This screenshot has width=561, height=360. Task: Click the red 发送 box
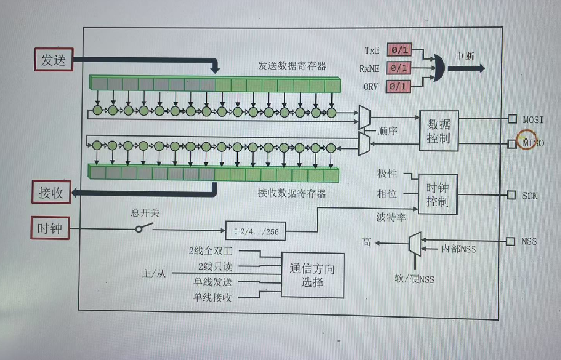(53, 60)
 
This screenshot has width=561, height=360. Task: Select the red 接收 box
(51, 193)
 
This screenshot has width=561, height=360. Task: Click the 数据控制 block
(438, 130)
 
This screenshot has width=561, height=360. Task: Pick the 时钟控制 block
(438, 194)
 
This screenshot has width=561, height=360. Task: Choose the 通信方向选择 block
(312, 276)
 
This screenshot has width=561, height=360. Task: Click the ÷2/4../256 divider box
(256, 231)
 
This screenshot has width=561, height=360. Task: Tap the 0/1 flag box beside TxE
(398, 50)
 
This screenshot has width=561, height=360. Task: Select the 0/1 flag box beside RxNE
(398, 68)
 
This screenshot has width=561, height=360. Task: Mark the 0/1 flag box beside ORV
(398, 86)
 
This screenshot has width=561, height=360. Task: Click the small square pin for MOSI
(512, 119)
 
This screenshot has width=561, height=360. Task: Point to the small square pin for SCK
(511, 195)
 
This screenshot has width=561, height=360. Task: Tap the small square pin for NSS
(511, 241)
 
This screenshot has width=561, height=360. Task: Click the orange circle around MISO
(527, 141)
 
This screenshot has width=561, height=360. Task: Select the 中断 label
(465, 56)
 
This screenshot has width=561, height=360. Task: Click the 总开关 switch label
(145, 212)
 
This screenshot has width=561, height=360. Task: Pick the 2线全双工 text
(210, 251)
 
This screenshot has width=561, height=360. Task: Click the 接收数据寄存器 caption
(292, 193)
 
